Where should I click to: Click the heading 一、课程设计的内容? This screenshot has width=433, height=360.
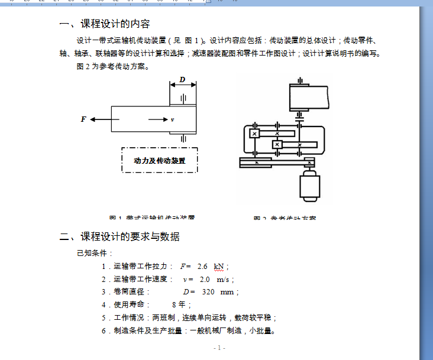click(x=105, y=24)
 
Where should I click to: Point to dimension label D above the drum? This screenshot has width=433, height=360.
click(x=182, y=79)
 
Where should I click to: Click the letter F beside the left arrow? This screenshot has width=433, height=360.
click(x=83, y=119)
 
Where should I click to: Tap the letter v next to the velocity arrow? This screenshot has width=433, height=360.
click(x=172, y=120)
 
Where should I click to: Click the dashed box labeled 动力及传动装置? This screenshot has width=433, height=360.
click(x=159, y=160)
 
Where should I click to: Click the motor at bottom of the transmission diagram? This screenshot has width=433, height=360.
click(x=309, y=187)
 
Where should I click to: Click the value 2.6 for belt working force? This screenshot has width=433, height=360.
click(x=202, y=267)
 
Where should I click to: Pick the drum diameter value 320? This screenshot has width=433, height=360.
click(x=208, y=292)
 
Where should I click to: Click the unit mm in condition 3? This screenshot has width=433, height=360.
click(x=227, y=292)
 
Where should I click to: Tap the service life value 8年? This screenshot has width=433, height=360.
click(x=179, y=305)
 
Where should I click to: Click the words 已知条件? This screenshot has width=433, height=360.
click(x=90, y=254)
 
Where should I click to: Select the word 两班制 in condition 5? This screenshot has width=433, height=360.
click(x=161, y=317)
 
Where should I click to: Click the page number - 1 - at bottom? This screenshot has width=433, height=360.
click(x=219, y=348)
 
